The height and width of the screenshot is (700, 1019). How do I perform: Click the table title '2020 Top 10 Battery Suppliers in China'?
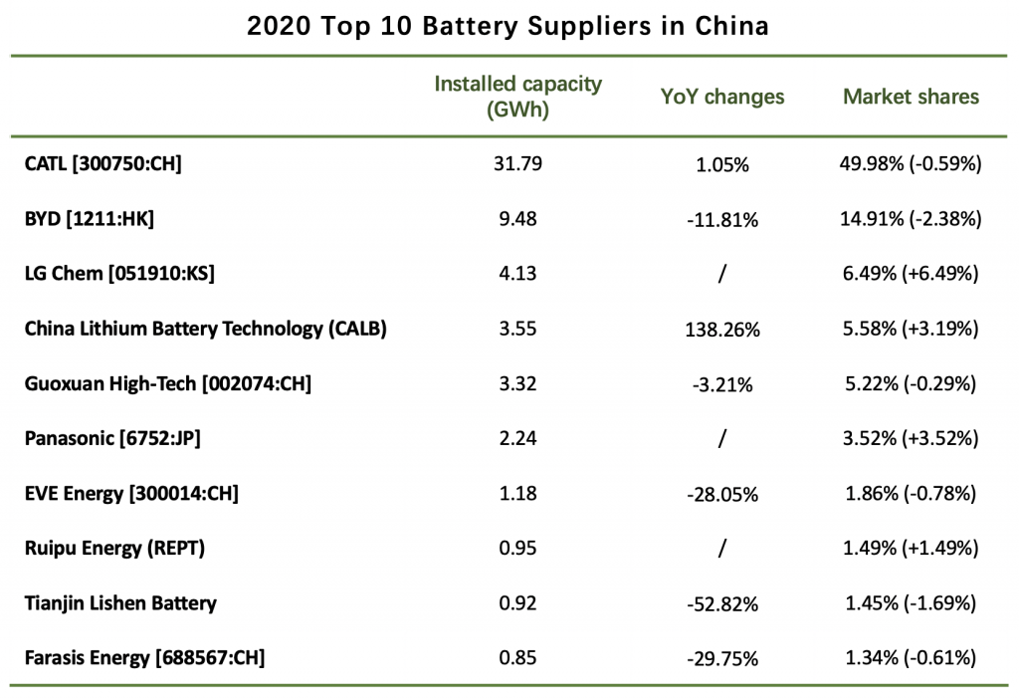click(x=508, y=26)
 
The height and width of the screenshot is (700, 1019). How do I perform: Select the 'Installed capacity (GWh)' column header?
click(x=517, y=97)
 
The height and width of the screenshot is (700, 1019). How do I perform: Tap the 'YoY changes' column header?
click(x=722, y=97)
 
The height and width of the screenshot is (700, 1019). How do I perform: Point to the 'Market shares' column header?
click(x=911, y=97)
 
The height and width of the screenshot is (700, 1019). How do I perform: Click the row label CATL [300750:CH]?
click(x=103, y=163)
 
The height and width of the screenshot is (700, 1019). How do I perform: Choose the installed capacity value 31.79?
click(x=517, y=163)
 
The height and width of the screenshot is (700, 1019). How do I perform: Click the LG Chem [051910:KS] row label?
click(x=119, y=273)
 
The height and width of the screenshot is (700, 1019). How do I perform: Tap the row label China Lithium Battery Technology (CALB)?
click(x=205, y=328)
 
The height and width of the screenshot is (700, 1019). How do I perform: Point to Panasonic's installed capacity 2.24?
click(x=517, y=437)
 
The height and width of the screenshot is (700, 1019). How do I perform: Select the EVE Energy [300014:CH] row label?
click(x=131, y=492)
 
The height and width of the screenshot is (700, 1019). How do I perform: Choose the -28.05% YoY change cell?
click(x=722, y=494)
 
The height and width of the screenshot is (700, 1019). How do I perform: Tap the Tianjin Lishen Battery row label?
click(x=120, y=601)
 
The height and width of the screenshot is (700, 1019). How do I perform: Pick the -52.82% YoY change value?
click(x=722, y=603)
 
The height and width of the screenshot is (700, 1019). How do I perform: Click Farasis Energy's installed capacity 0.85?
click(x=517, y=656)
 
